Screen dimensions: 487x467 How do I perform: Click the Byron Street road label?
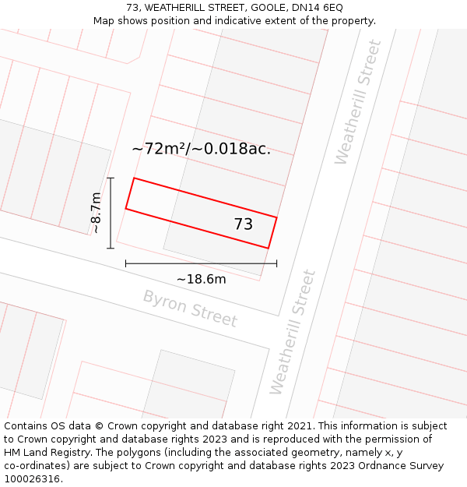pos(189,308)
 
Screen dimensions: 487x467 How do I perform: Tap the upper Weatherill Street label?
pos(358,102)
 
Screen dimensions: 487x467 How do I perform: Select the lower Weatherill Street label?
pos(293,332)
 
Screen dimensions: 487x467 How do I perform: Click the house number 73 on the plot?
pos(243,224)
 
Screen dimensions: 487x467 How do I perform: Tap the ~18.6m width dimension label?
pos(201,279)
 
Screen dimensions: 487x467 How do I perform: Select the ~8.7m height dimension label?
pos(96,213)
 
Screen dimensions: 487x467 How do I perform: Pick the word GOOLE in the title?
pos(268,8)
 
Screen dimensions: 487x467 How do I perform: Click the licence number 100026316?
pos(32,478)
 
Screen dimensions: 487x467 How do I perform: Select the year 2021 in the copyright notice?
pos(304,426)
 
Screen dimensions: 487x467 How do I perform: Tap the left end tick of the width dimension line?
pos(126,263)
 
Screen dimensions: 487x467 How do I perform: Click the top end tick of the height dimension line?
pos(111,178)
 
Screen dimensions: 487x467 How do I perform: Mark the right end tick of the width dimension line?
pos(276,263)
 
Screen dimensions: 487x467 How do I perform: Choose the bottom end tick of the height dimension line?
pos(111,248)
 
